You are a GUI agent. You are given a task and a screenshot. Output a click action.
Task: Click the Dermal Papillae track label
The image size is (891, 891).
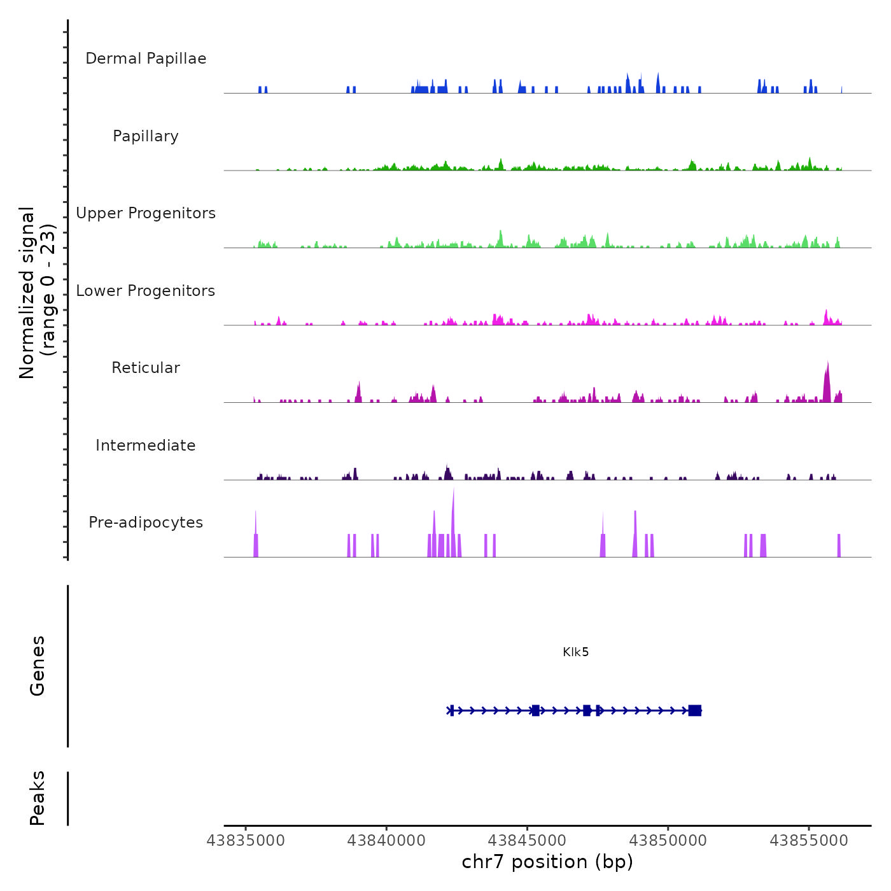pos(146,59)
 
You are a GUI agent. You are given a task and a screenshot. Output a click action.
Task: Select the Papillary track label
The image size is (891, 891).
pos(146,136)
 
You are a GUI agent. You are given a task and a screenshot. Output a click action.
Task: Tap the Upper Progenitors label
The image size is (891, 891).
pos(146,213)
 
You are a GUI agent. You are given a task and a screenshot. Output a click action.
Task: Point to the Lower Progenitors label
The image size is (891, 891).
pos(146,291)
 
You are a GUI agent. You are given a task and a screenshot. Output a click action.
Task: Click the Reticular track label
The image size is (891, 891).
pos(146,368)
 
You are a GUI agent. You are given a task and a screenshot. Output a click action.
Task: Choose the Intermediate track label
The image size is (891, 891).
pos(146,445)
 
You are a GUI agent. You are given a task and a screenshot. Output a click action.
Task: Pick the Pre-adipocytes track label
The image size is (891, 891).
pos(146,523)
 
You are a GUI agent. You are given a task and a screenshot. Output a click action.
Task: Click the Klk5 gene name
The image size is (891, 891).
pos(575,652)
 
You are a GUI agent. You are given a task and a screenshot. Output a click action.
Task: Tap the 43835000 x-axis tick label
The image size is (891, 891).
pos(246,841)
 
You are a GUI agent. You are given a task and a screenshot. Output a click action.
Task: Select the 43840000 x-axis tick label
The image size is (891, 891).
pos(386,841)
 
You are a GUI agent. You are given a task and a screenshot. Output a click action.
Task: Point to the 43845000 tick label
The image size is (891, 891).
pos(527,841)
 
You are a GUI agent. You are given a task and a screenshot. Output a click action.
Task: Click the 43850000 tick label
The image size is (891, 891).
pos(668,841)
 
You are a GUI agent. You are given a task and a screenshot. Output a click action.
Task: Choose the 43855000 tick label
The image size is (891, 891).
pos(809,841)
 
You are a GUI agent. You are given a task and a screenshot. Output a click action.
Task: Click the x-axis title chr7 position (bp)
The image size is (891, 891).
pos(547,862)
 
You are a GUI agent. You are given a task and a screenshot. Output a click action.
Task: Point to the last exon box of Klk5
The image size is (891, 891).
pos(694,710)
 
